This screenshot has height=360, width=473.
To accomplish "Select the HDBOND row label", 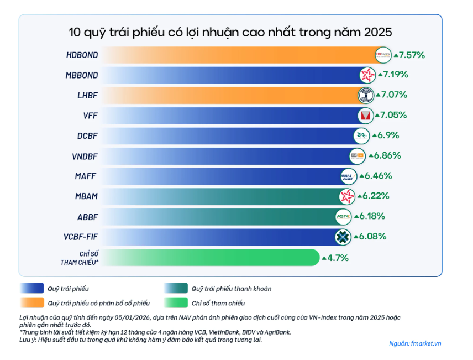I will (81, 55).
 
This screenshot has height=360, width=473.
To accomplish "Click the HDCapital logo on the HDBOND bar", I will (382, 55).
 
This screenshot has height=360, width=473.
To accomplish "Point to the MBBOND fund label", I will (82, 75).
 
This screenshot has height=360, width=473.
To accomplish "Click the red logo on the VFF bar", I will (364, 115).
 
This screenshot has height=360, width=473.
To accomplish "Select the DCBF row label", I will (88, 135).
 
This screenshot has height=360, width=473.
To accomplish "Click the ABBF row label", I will (88, 216).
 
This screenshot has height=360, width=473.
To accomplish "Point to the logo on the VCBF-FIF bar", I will (343, 237).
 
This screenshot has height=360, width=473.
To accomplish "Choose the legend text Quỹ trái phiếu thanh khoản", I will (231, 289).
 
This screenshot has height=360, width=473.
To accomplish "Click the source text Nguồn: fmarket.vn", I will (416, 343).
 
